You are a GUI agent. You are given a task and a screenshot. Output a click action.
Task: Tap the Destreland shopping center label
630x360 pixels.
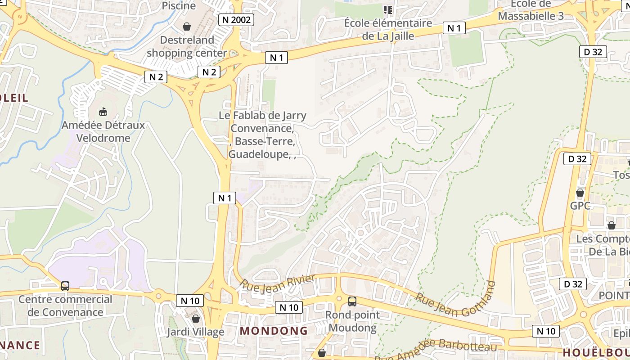[x=187, y=46]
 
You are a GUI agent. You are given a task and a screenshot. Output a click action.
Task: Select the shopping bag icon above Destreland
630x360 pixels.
[x=187, y=27]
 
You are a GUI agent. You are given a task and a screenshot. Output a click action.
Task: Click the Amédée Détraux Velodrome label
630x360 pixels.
[x=103, y=131]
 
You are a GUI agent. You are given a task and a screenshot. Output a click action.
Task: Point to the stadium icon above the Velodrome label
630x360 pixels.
[x=103, y=111]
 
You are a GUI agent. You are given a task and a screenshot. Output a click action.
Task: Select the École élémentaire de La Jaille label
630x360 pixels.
[x=388, y=29]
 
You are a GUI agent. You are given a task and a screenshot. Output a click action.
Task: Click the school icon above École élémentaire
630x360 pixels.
[x=388, y=9]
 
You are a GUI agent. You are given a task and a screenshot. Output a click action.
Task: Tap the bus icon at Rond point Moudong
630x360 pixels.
[x=352, y=301]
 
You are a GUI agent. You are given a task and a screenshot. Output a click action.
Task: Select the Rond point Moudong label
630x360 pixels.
[x=352, y=321]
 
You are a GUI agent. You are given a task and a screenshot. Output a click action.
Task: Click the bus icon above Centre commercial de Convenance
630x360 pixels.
[x=65, y=286]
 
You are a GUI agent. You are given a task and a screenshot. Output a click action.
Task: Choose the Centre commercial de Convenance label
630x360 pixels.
[x=65, y=306]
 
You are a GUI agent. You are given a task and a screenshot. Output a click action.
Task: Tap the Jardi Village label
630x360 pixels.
[x=195, y=332]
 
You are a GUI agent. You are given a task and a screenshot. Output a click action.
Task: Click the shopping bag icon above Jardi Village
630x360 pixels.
[x=195, y=319]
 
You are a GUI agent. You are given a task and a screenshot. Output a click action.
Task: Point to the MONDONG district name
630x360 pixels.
[x=274, y=331]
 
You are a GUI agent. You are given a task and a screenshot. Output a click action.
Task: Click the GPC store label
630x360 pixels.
[x=580, y=206]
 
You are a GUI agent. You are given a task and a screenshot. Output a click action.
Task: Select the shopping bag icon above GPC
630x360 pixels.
[x=580, y=193]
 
